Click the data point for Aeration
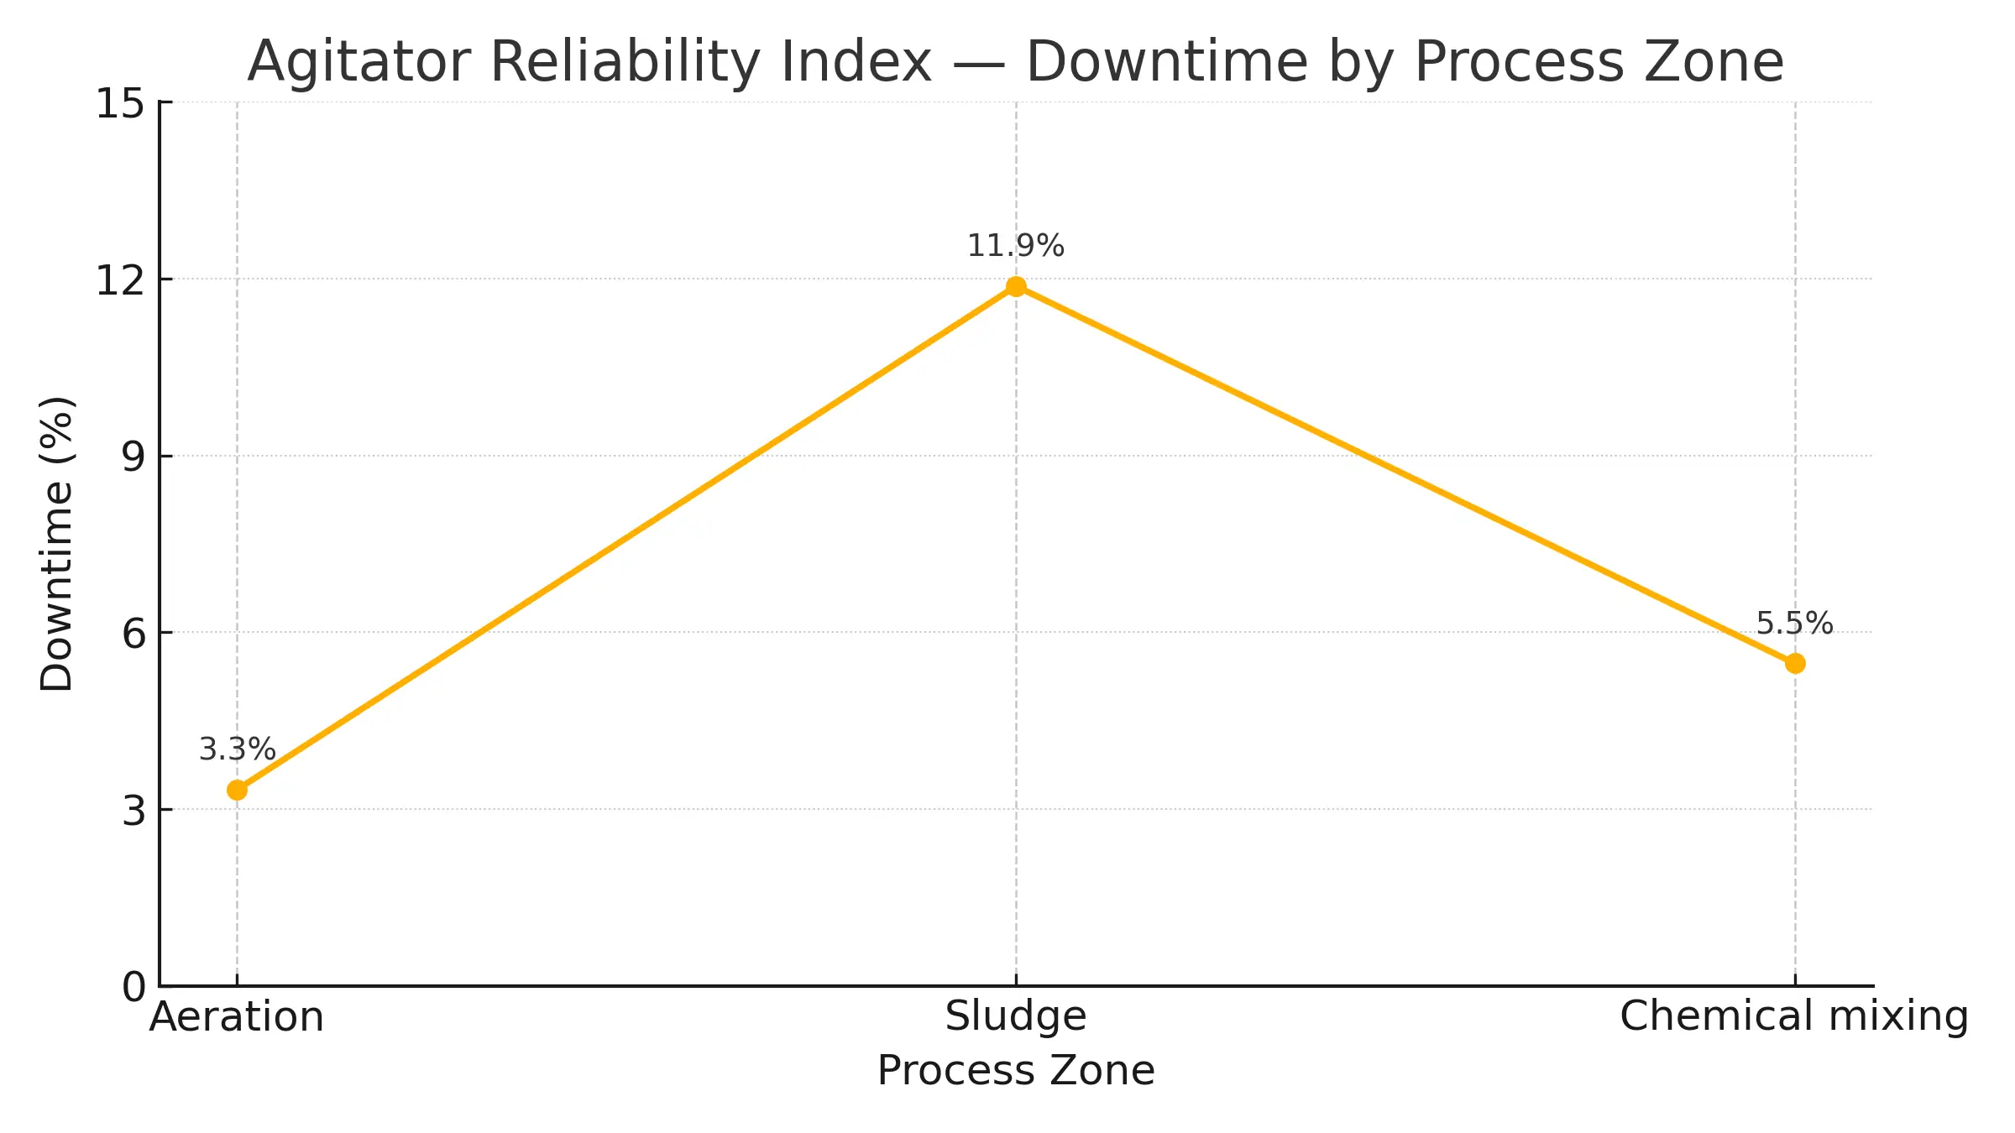(238, 790)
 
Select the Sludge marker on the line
(1016, 287)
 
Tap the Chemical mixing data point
(1795, 664)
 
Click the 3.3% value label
(237, 749)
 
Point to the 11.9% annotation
(1016, 246)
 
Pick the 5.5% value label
(1794, 624)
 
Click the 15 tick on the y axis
(120, 105)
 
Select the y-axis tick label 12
(120, 281)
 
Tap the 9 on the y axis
(133, 457)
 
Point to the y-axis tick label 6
(133, 634)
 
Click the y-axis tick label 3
(133, 812)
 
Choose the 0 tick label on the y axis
(133, 988)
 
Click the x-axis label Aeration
(237, 1017)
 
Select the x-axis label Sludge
(1016, 1017)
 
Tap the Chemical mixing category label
(1794, 1017)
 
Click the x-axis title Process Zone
(1016, 1071)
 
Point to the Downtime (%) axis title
(57, 544)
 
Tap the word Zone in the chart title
(1714, 63)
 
